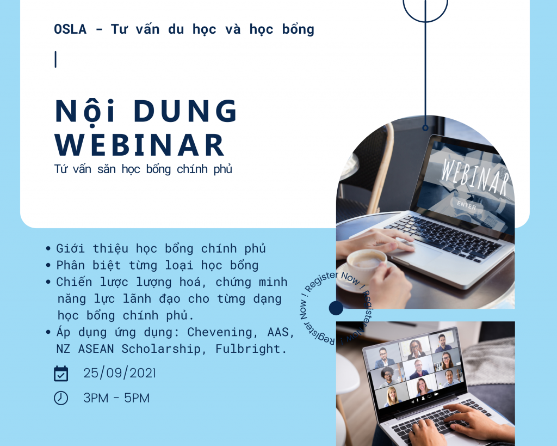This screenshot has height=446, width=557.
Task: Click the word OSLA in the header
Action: pyautogui.click(x=70, y=29)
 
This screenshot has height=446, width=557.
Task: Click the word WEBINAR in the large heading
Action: pyautogui.click(x=140, y=145)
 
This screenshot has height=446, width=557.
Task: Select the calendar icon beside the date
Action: pyautogui.click(x=61, y=374)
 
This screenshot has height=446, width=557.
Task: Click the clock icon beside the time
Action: pyautogui.click(x=61, y=398)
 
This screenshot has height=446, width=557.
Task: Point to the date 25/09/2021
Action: pyautogui.click(x=120, y=374)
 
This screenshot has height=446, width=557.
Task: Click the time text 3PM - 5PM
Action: pyautogui.click(x=116, y=398)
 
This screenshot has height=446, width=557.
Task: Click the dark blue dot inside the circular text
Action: pyautogui.click(x=336, y=308)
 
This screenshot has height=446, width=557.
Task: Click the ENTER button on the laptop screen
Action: pyautogui.click(x=467, y=206)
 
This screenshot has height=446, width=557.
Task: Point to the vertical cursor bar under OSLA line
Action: pyautogui.click(x=55, y=59)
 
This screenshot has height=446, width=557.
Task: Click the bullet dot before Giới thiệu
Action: pyautogui.click(x=48, y=249)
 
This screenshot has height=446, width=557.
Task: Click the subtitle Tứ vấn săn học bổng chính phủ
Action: pyautogui.click(x=143, y=169)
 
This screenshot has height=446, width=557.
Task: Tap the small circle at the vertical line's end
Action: pyautogui.click(x=425, y=129)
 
